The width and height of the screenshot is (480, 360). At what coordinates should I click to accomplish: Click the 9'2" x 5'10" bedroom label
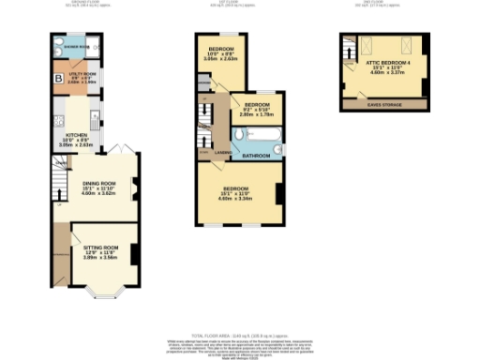tap(258, 109)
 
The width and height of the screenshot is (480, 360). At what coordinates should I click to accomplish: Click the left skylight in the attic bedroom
tap(367, 45)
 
